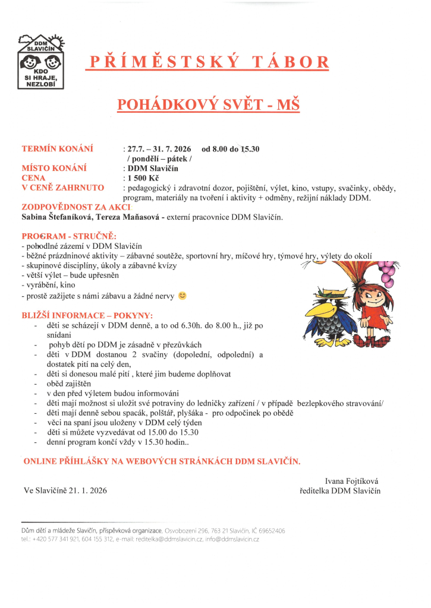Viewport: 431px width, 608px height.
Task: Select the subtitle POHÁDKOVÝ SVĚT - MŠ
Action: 208,105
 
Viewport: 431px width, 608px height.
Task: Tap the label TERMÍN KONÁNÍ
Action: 57,148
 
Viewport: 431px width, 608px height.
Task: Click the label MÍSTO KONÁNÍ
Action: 54,168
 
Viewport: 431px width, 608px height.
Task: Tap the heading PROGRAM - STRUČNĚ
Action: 69,236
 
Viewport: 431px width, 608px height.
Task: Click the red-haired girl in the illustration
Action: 366,309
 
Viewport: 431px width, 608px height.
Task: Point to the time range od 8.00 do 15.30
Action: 231,148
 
